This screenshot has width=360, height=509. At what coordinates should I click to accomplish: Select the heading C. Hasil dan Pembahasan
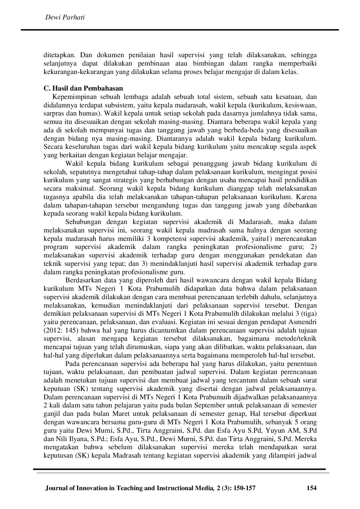[83, 88]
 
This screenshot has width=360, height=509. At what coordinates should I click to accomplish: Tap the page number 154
[312, 488]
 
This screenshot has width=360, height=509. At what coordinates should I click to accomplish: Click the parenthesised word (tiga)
[309, 314]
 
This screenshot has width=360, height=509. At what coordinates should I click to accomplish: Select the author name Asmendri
[302, 322]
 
